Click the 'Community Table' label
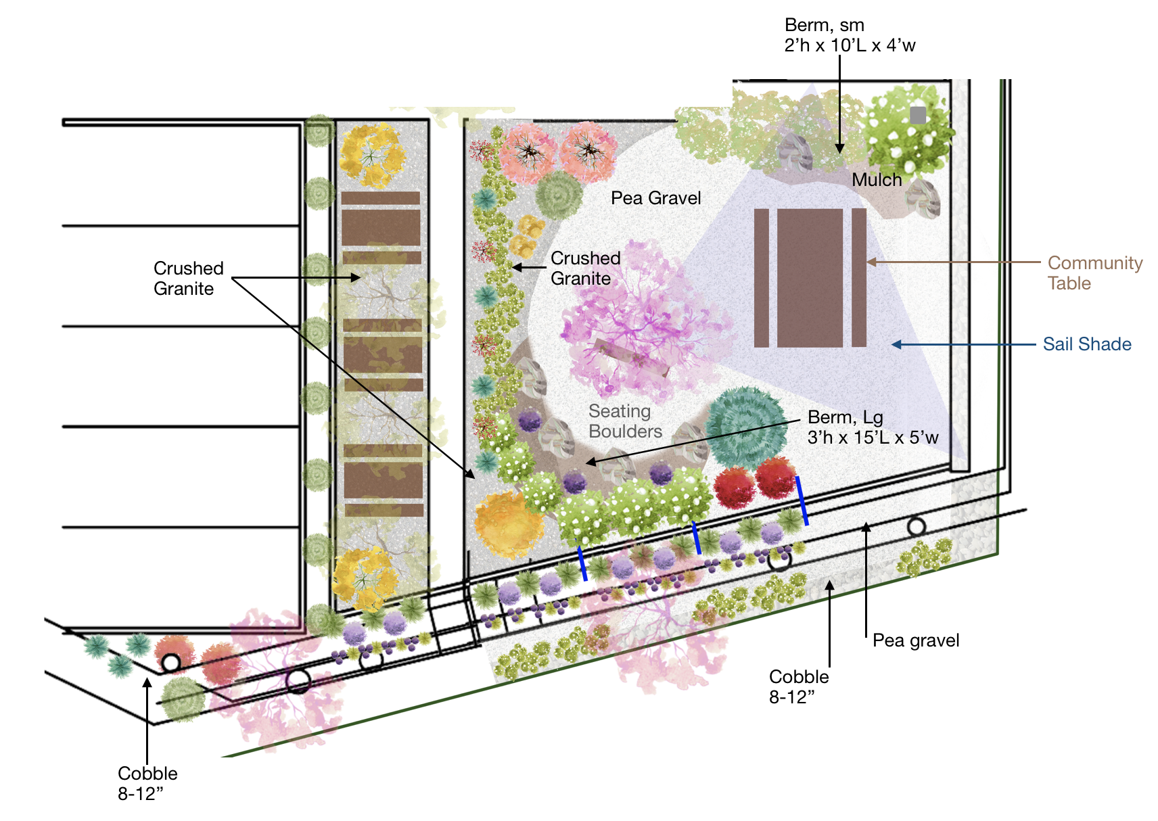coord(1094,273)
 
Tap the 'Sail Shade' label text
coord(1086,344)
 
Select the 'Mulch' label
coord(876,180)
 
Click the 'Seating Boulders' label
coord(624,421)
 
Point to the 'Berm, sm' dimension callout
coord(850,35)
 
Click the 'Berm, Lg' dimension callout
coord(873,427)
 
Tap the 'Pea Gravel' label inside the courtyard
coord(655,198)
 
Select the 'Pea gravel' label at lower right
coord(915,640)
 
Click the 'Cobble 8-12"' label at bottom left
coord(147,783)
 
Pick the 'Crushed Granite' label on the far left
coord(188,278)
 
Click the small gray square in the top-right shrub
coord(917,115)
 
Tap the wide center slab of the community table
coord(810,278)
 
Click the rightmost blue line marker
coord(802,500)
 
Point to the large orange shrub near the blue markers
coord(508,525)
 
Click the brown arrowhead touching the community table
coord(872,262)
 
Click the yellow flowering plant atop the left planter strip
coord(371,155)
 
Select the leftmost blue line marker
coord(582,563)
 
